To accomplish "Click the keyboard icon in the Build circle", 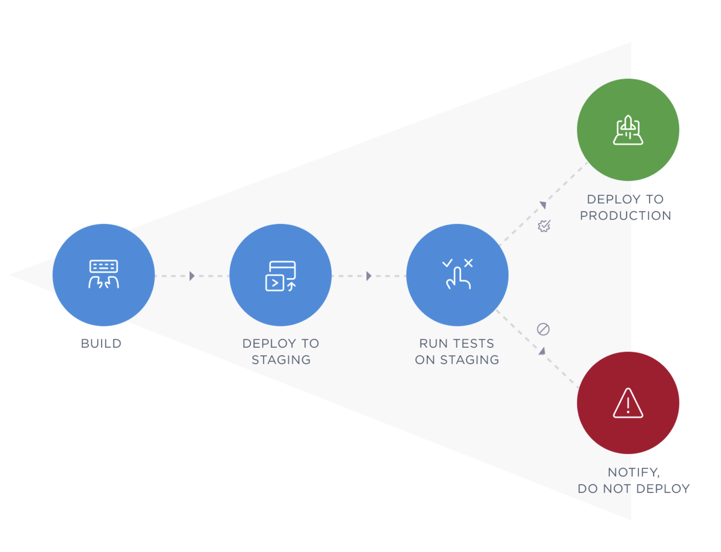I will [103, 266].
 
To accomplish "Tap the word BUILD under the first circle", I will [101, 344].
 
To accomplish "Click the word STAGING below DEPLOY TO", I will [281, 360].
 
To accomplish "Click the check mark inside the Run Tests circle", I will [447, 263].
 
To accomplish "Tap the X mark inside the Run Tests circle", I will [468, 263].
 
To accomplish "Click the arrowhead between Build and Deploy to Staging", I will [192, 276].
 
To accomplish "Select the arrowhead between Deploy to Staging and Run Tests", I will [369, 276].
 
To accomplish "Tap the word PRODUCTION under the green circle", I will [626, 216].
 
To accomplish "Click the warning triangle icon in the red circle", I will [628, 404].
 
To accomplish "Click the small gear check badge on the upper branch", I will [544, 226].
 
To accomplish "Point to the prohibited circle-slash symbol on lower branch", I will [543, 329].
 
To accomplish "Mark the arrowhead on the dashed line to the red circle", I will [542, 351].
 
